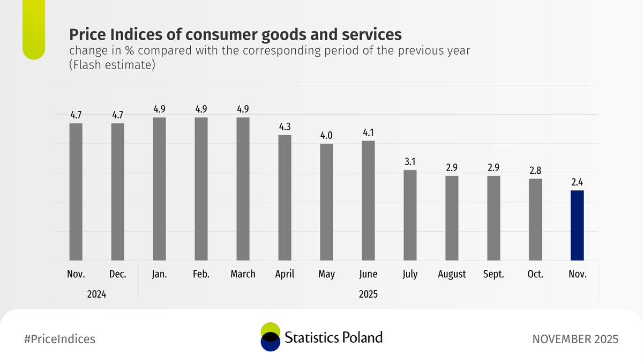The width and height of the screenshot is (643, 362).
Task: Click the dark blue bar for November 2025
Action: pos(577,225)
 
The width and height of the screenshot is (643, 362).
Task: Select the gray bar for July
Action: pos(410,215)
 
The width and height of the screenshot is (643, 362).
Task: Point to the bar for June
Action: pos(368,200)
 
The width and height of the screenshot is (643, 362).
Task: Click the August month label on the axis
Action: pos(452,274)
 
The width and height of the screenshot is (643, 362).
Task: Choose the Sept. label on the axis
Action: pos(494,274)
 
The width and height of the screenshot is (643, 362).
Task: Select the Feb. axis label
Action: pos(201,274)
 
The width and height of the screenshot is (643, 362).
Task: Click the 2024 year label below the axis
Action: pos(96,294)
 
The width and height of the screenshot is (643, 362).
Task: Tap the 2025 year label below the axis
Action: pos(368,294)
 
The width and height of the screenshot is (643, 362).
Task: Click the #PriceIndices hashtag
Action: pos(60,339)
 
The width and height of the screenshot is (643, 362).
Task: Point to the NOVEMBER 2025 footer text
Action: pos(575,339)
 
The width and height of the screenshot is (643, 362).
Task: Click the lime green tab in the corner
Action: pos(33,29)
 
